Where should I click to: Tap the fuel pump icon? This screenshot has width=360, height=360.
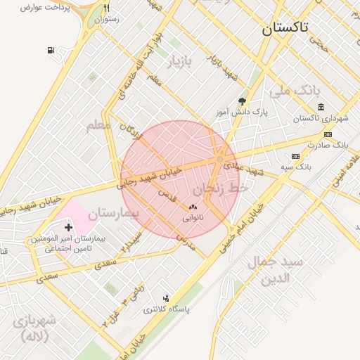(51, 51)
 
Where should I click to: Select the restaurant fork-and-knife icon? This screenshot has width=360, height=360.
(107, 8)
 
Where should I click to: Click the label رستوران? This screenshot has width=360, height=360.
(107, 20)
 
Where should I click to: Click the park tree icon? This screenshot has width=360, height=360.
(243, 101)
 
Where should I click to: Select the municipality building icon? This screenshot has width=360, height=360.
(321, 107)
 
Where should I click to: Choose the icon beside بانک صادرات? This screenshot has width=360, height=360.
(328, 134)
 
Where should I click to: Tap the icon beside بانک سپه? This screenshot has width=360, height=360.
(295, 156)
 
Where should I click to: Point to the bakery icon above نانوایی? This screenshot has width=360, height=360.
(193, 207)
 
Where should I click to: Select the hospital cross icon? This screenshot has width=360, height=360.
(68, 227)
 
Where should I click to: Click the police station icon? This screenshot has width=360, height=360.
(166, 298)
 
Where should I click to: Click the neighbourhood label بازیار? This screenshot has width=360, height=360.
(179, 63)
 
